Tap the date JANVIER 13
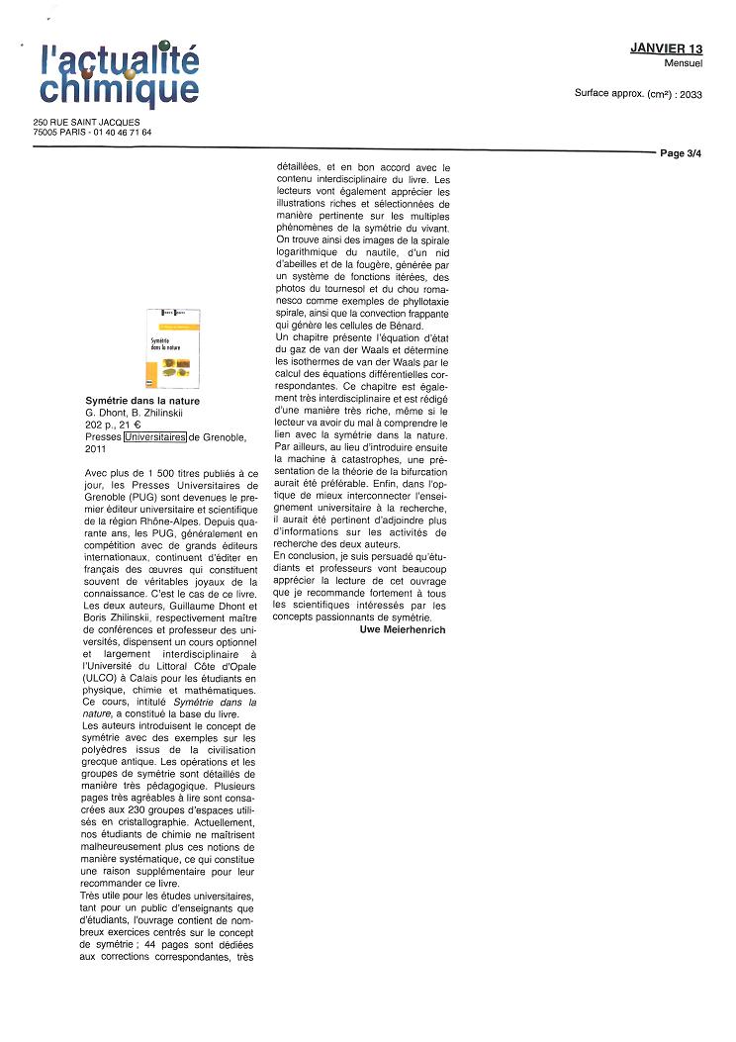666,48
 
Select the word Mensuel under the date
684,62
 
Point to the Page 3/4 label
681,153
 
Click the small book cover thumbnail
171,348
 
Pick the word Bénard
407,326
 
